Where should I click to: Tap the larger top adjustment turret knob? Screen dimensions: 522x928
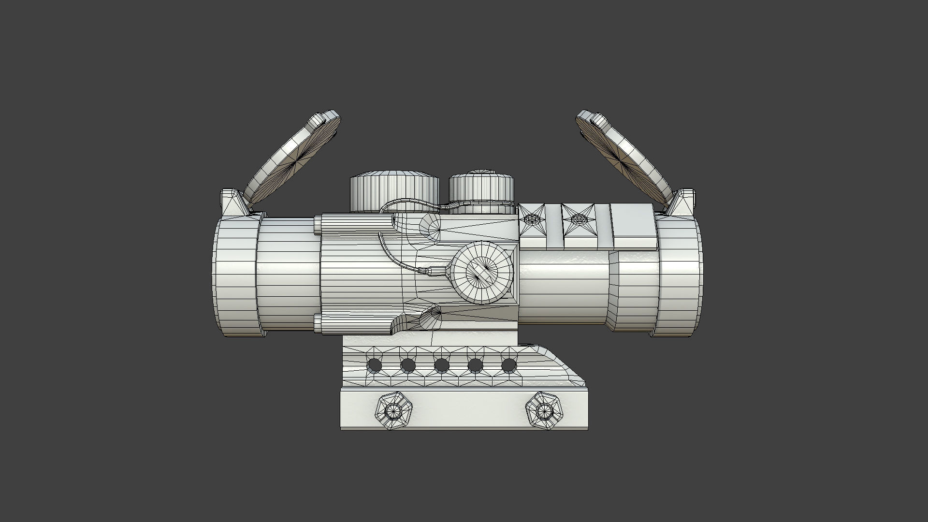coord(394,192)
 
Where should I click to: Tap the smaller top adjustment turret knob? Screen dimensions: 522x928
coord(481,191)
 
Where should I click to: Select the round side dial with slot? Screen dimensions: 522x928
coord(483,273)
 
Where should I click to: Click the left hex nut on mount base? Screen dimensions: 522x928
coord(394,411)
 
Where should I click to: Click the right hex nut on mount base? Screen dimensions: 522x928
coord(545,411)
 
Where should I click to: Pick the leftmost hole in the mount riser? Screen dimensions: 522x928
coord(374,365)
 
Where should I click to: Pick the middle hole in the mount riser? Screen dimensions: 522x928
coord(441,365)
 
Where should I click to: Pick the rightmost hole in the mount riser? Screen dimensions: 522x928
coord(509,365)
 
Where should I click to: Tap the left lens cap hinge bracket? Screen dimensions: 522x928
coord(233,203)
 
